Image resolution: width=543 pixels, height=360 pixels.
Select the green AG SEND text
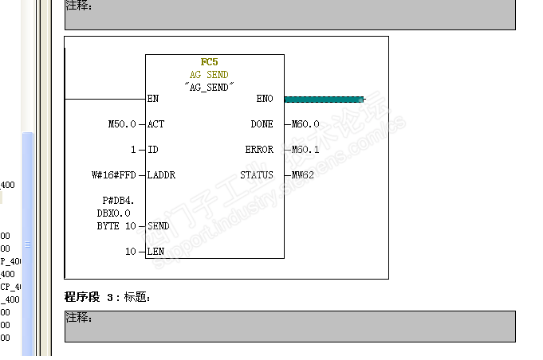click(209, 74)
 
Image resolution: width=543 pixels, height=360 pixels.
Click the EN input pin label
click(152, 99)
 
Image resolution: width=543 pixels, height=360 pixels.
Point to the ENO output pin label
click(265, 99)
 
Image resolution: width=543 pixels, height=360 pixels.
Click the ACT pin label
click(156, 124)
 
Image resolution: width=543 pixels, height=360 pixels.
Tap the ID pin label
click(153, 150)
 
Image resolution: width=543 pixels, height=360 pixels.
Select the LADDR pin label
click(161, 175)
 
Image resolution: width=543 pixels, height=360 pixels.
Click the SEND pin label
click(158, 226)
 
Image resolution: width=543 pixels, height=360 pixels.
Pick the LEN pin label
click(155, 252)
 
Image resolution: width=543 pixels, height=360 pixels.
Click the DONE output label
click(262, 124)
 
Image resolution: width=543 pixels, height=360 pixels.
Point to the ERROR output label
click(259, 150)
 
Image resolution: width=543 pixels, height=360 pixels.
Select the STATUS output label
click(257, 175)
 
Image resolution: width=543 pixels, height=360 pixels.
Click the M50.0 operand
click(122, 124)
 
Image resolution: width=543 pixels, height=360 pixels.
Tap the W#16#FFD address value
click(114, 175)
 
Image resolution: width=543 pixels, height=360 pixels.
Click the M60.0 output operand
click(305, 124)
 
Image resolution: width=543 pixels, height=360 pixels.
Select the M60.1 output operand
click(305, 150)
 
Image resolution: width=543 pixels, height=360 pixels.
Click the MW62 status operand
click(303, 175)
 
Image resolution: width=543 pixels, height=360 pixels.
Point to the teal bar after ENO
click(324, 100)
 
